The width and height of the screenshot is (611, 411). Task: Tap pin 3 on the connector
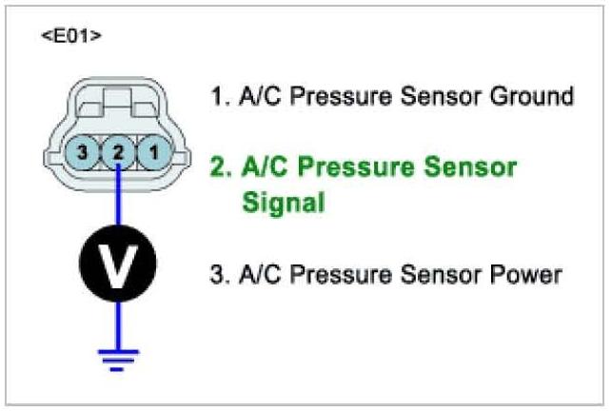click(x=84, y=152)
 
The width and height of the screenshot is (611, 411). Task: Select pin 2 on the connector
click(x=118, y=152)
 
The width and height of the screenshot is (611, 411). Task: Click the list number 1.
click(x=217, y=97)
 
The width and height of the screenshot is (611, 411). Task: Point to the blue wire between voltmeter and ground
click(x=118, y=323)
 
